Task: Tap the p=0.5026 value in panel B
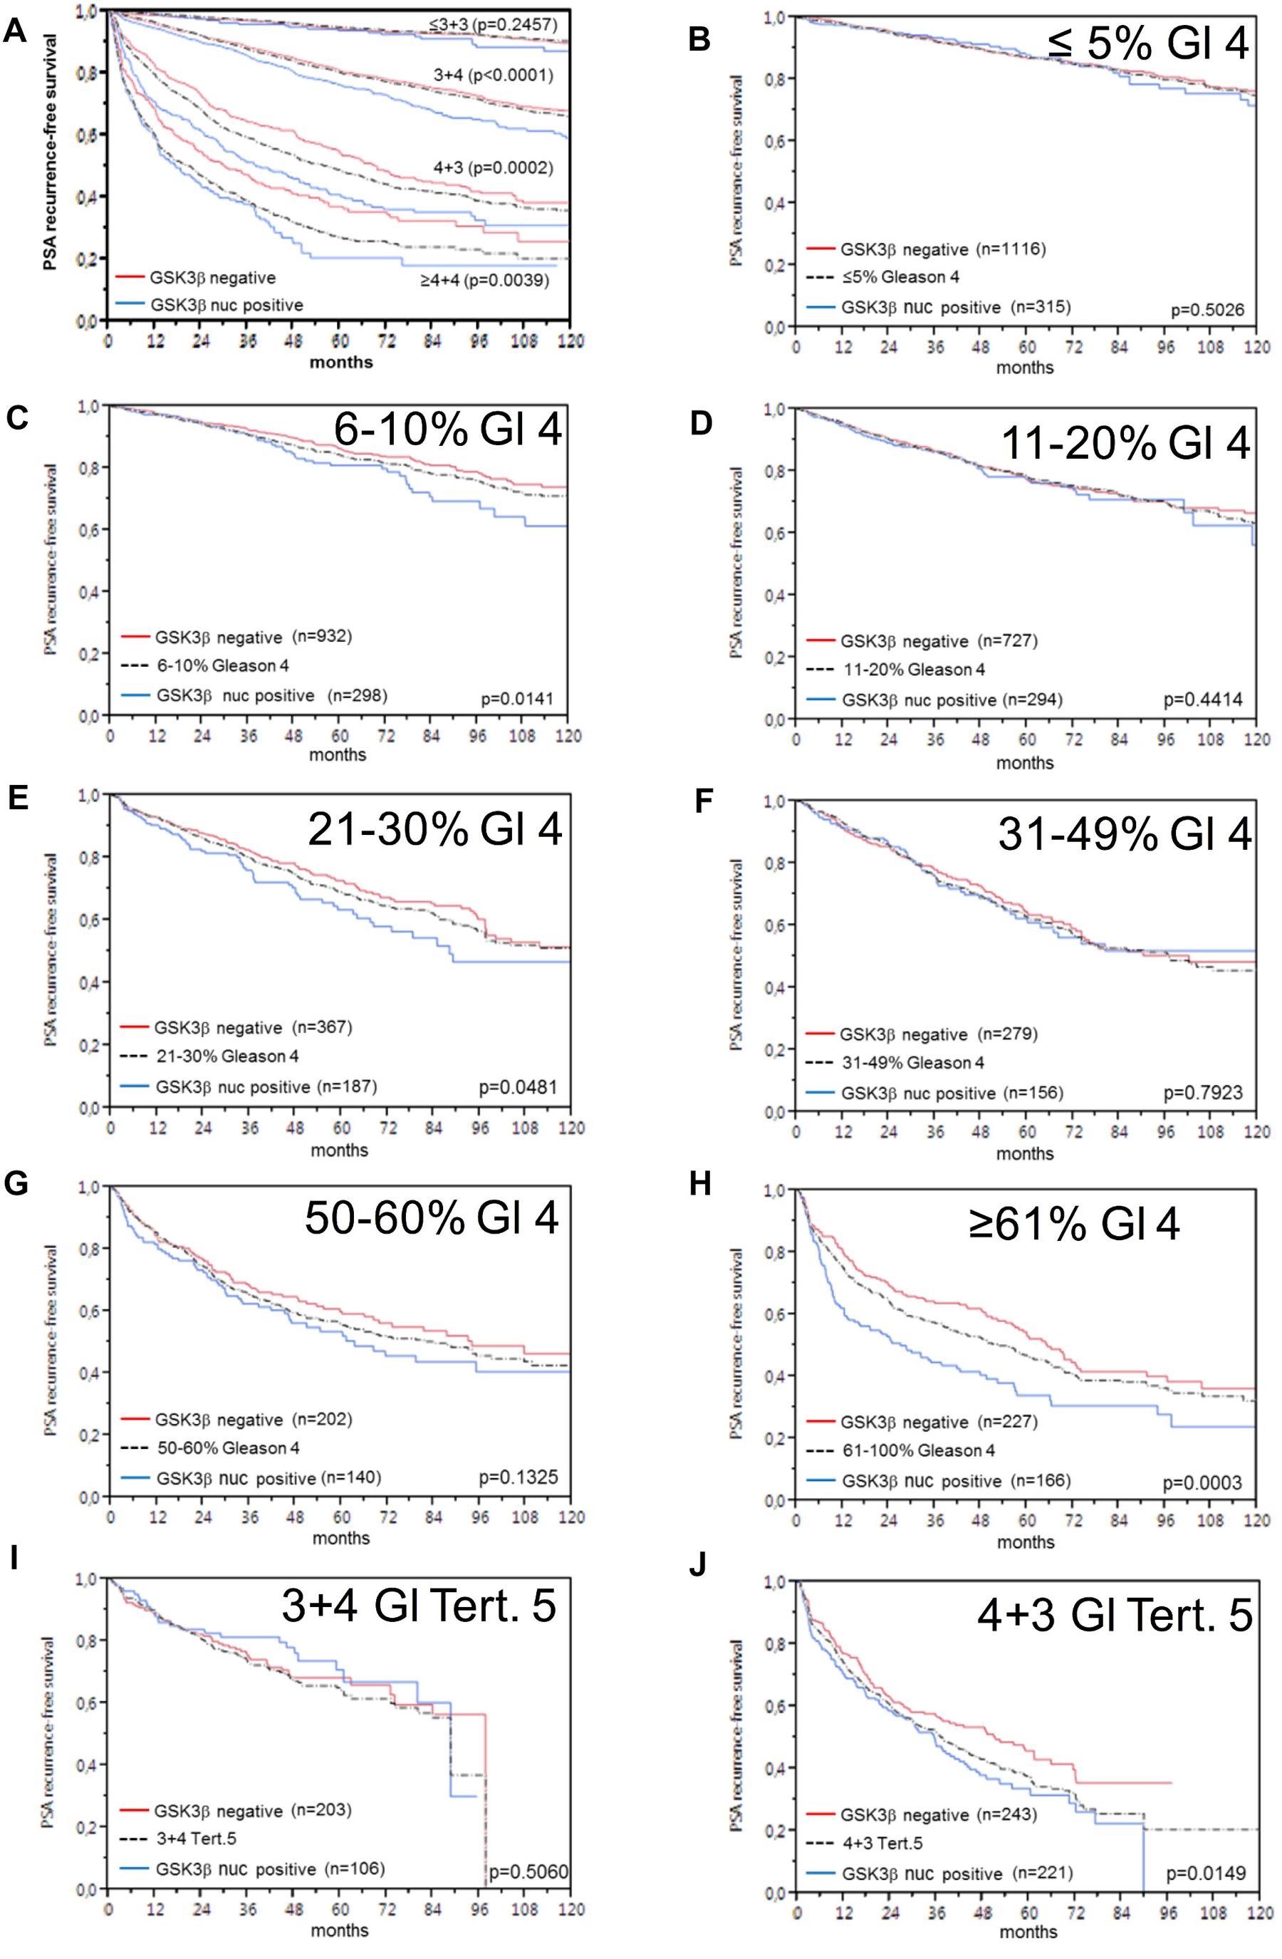tap(1207, 311)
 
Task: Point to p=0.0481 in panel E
tap(518, 1087)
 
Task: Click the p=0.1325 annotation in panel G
tap(518, 1477)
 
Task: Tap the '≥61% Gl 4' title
tap(1073, 1224)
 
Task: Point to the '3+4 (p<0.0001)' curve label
tap(493, 76)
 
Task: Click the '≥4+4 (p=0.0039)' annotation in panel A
tap(484, 281)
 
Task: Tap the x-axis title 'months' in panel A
tap(340, 362)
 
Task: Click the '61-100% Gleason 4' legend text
tap(912, 1450)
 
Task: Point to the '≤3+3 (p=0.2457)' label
tap(493, 25)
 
